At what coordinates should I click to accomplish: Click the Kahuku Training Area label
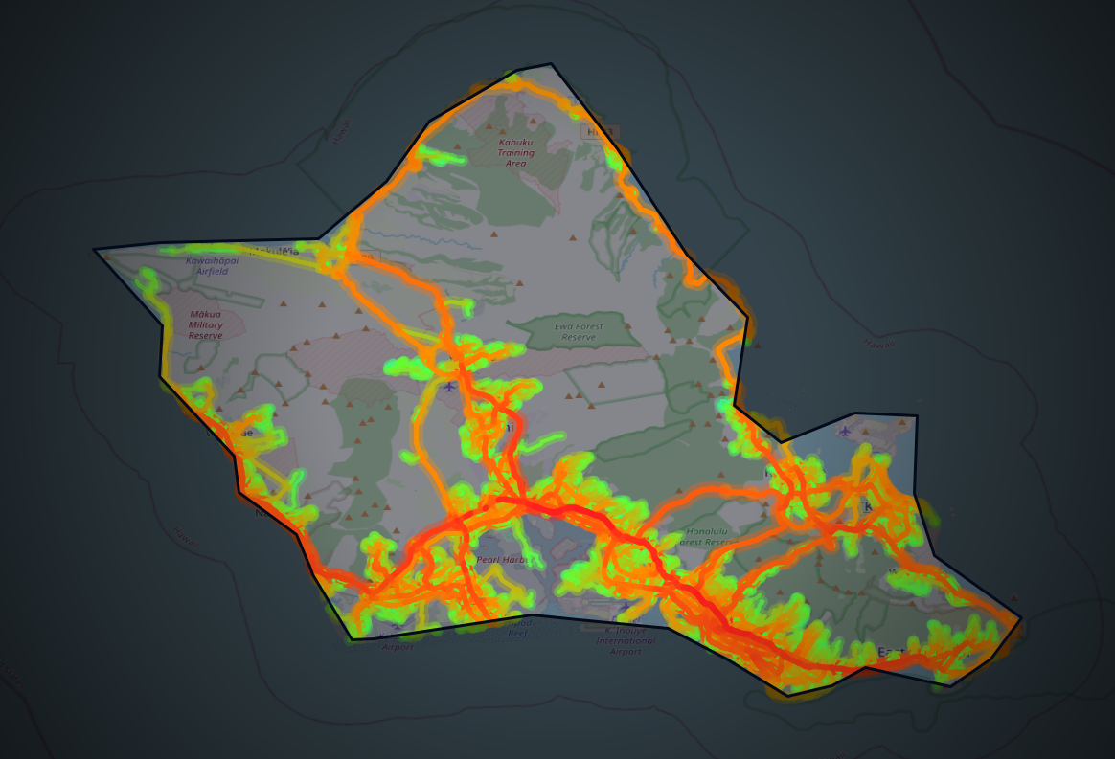(x=515, y=153)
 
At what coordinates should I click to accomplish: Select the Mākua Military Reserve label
(x=205, y=324)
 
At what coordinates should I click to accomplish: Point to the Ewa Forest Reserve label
(x=580, y=331)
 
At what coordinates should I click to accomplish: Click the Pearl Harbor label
(x=502, y=559)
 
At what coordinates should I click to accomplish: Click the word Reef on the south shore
(x=517, y=633)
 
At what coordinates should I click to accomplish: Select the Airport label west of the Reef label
(x=397, y=647)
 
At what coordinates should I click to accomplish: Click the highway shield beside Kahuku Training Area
(x=600, y=131)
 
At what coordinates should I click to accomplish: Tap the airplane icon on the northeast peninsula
(x=844, y=431)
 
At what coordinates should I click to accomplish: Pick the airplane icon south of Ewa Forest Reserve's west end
(x=450, y=386)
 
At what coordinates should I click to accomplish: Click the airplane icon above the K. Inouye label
(x=625, y=607)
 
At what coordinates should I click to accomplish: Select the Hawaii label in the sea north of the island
(x=340, y=131)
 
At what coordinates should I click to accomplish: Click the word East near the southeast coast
(x=892, y=652)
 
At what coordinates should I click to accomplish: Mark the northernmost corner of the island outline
(x=551, y=64)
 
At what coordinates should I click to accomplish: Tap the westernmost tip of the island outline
(x=94, y=250)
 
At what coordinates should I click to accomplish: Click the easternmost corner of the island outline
(x=1021, y=618)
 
